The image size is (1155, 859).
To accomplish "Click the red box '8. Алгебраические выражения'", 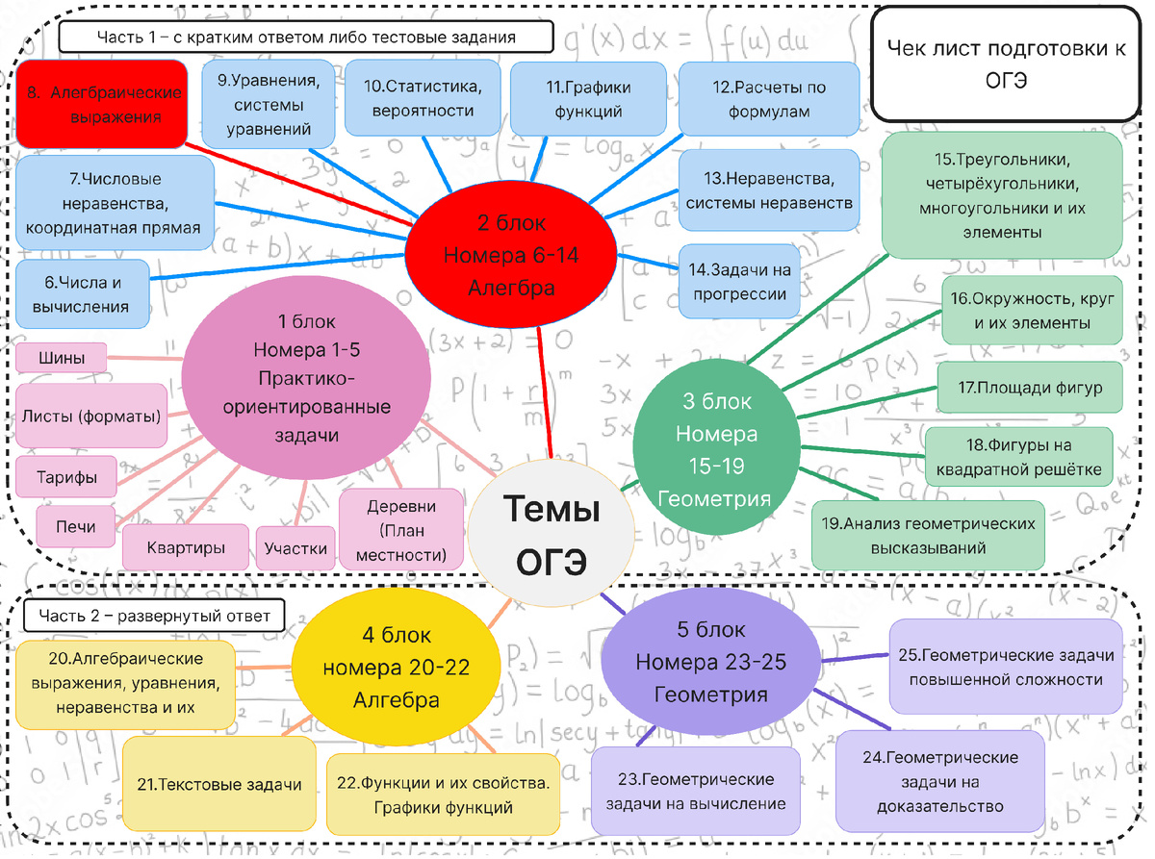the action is click(102, 104).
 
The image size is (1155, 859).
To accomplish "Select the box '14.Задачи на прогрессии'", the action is click(739, 281).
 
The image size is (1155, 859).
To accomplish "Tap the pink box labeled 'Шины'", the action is click(62, 358).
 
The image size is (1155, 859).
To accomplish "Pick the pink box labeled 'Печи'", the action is click(75, 526).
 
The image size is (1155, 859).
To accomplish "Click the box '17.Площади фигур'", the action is click(1030, 388).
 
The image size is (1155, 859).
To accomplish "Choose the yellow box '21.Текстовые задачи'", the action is click(219, 784).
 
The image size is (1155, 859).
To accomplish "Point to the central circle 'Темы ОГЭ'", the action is click(551, 533).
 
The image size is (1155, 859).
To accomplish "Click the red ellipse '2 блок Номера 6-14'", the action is click(511, 255).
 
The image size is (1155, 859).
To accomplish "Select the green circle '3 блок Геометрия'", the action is click(716, 446).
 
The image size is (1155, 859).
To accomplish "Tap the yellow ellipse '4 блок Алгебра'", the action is click(396, 667).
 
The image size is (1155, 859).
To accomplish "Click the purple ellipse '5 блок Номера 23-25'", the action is click(711, 662).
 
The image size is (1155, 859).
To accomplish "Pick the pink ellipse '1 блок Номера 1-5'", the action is click(306, 378).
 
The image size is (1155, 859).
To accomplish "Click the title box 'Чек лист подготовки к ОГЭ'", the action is click(1006, 63).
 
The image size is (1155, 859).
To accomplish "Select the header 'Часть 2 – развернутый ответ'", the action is click(154, 616).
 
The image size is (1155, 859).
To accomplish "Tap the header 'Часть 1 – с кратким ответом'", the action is click(306, 37).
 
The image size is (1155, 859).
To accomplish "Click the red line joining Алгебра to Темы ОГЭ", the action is click(545, 393).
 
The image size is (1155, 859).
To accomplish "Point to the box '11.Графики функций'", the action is click(588, 99).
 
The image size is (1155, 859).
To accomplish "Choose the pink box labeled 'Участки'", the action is click(295, 547).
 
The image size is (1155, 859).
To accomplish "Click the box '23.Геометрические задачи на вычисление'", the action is click(695, 791).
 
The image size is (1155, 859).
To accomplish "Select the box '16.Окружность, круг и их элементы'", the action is click(1032, 311).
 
